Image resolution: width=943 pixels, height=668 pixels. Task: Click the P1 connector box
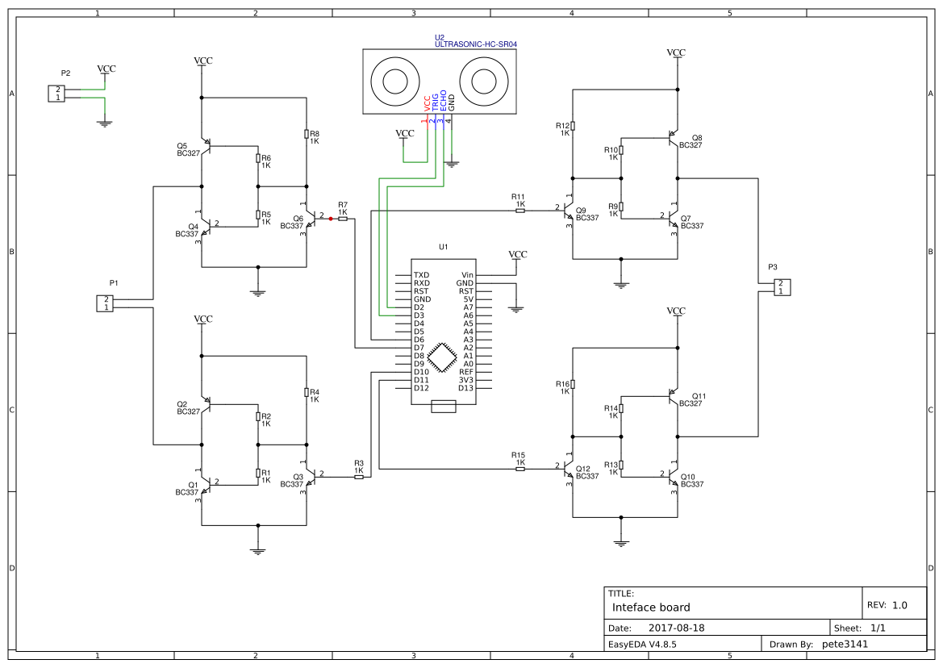(105, 303)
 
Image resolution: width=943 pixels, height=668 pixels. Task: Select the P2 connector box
(56, 94)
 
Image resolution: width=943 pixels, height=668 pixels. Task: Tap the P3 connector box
(781, 287)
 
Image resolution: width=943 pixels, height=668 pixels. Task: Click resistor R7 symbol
(343, 219)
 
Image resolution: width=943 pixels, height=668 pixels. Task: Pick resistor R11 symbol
(519, 211)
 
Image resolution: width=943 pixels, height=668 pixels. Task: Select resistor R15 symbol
(519, 469)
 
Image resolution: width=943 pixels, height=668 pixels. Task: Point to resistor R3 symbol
(359, 477)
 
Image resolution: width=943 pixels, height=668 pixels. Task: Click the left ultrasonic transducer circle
(395, 81)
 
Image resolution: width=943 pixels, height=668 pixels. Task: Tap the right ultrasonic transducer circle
(484, 81)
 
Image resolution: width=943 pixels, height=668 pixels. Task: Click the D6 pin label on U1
(419, 340)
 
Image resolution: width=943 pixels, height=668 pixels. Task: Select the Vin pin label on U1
(467, 275)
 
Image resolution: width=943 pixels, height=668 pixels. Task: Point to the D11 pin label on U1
(420, 380)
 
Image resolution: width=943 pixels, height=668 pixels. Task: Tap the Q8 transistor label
(697, 137)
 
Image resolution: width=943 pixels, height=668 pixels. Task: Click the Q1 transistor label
(193, 485)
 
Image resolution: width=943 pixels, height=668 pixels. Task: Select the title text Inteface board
(651, 607)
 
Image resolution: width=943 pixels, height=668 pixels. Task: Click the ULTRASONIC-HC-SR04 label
(475, 45)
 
